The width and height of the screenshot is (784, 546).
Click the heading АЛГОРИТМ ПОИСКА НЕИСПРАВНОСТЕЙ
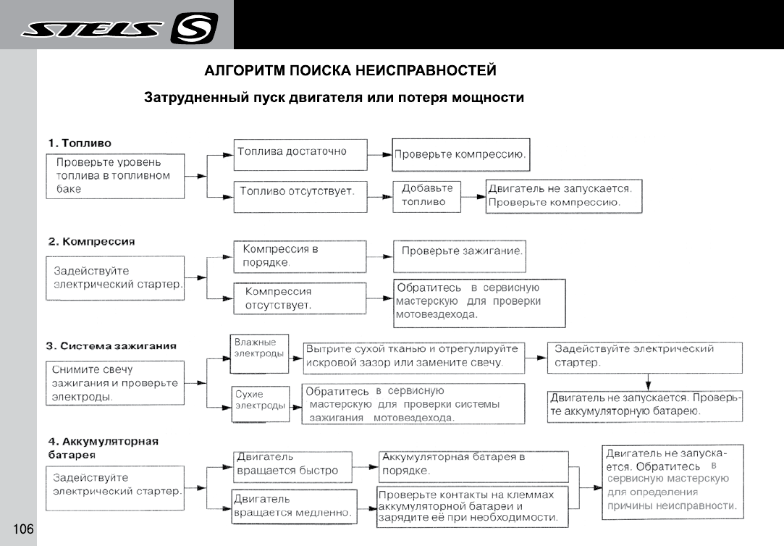pos(350,70)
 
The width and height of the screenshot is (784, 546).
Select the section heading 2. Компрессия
pos(91,241)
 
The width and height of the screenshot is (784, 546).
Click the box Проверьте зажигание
pos(459,255)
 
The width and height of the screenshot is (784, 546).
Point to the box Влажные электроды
pos(258,349)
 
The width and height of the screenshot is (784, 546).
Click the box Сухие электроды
pos(258,400)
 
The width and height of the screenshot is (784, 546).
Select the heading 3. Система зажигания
pos(112,345)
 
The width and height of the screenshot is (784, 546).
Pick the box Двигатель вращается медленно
pos(295,506)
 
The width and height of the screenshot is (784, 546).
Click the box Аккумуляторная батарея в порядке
pos(473,464)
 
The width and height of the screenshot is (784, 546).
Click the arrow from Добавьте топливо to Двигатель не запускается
pos(475,196)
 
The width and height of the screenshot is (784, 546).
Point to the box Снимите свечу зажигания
pos(115,383)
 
